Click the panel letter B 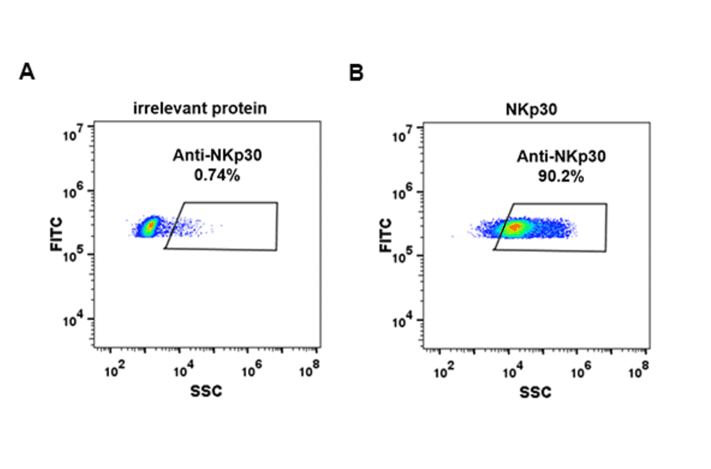pyautogui.click(x=356, y=73)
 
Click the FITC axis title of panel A pyautogui.click(x=56, y=234)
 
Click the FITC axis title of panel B pyautogui.click(x=386, y=235)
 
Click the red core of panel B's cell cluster pyautogui.click(x=514, y=228)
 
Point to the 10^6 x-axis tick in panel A pyautogui.click(x=250, y=367)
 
